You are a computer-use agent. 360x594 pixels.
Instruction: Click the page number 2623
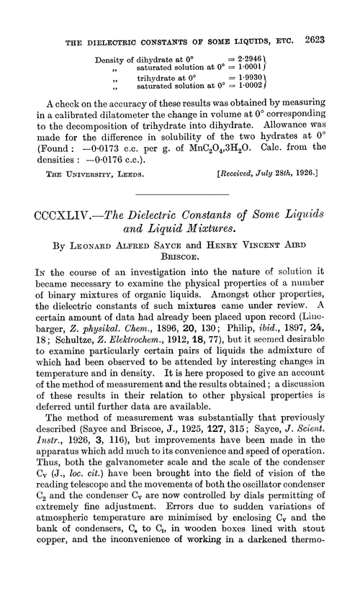click(x=336, y=12)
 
